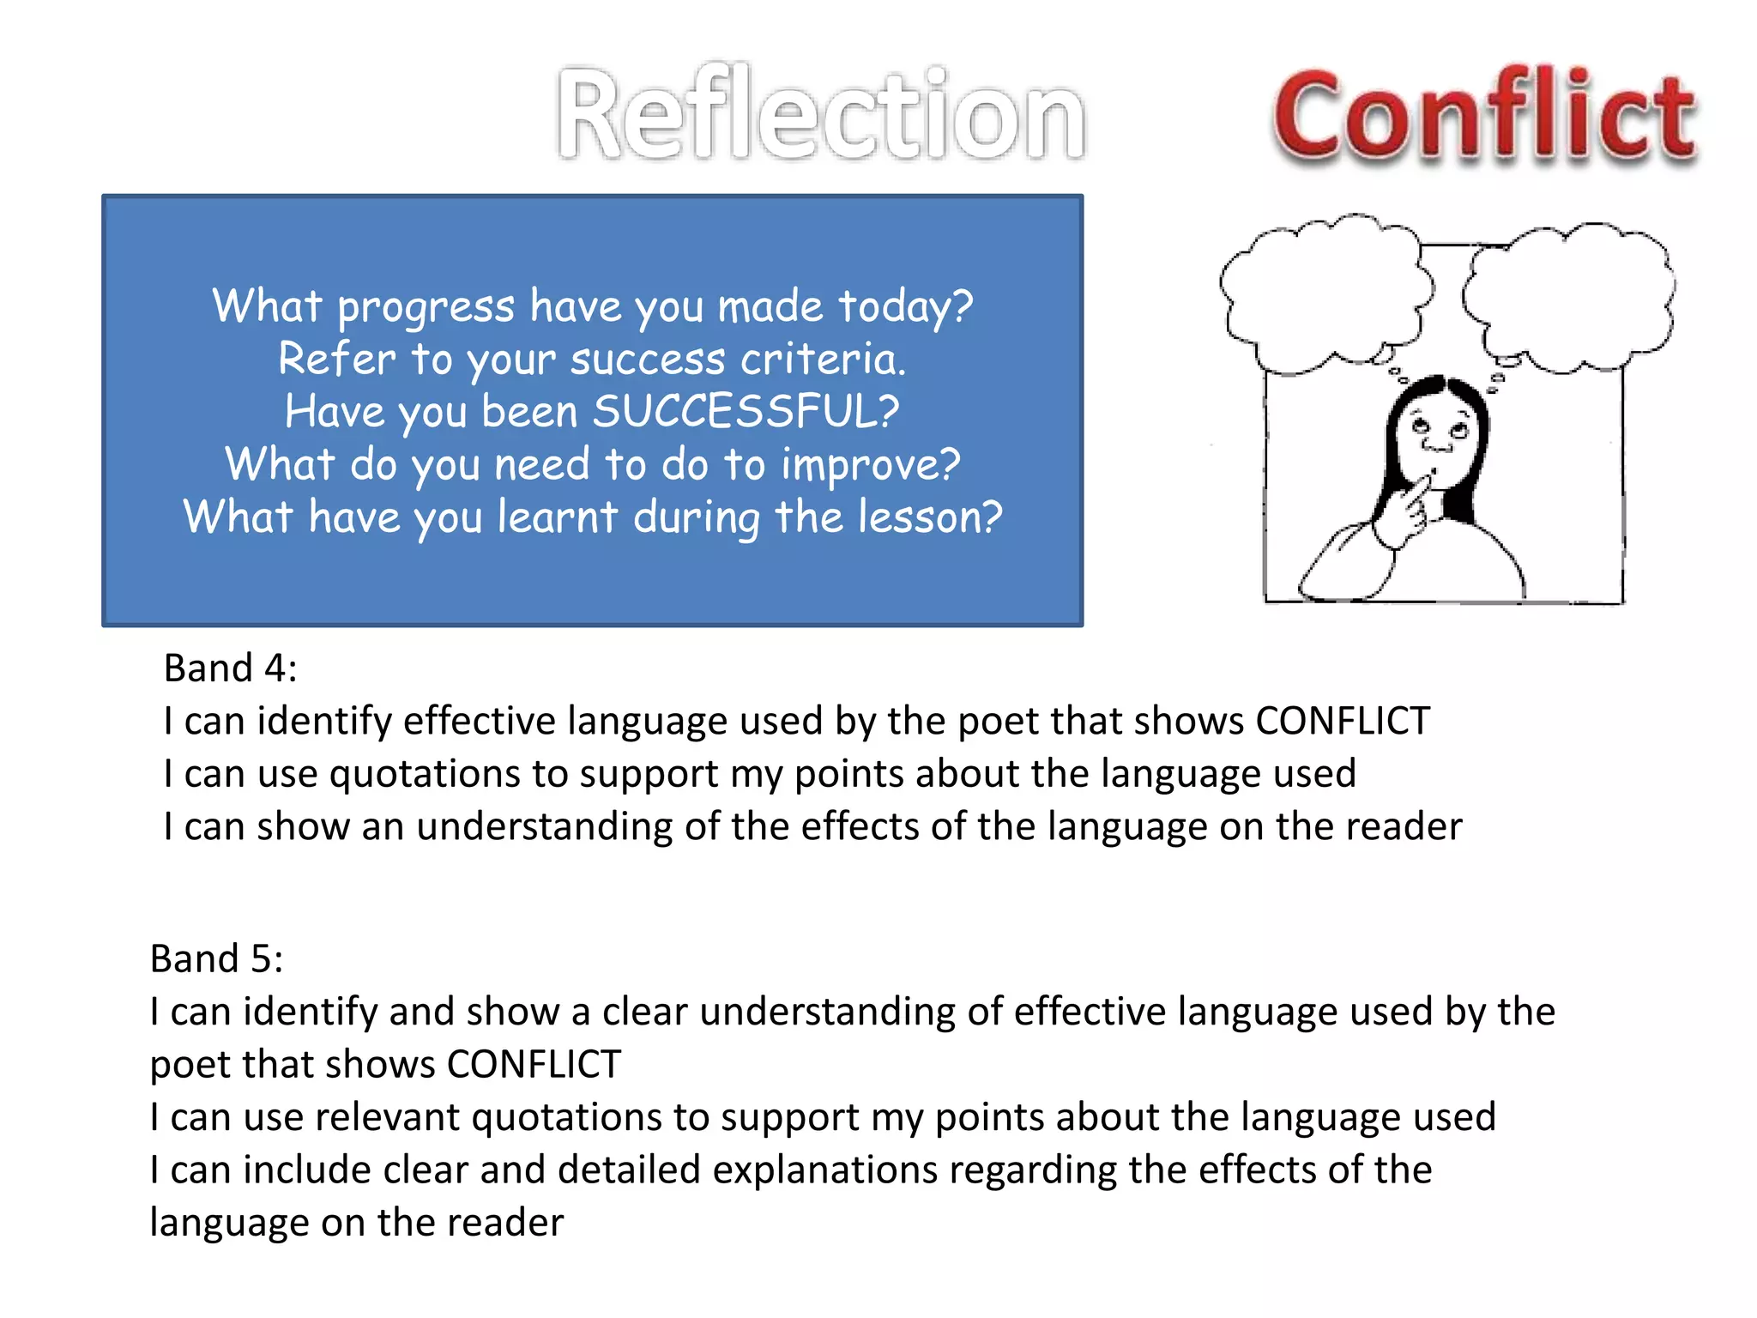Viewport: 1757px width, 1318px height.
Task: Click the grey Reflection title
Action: coord(821,115)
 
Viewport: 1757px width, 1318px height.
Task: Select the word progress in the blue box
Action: coord(426,307)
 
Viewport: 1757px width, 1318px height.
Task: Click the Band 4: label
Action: coord(230,668)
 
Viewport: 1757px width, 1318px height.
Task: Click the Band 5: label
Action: coord(216,958)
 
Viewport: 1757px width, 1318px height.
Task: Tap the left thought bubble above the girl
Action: coord(1325,292)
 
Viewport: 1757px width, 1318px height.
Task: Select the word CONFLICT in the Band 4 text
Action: coord(1343,721)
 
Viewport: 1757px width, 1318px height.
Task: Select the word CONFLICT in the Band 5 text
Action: coord(534,1065)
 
